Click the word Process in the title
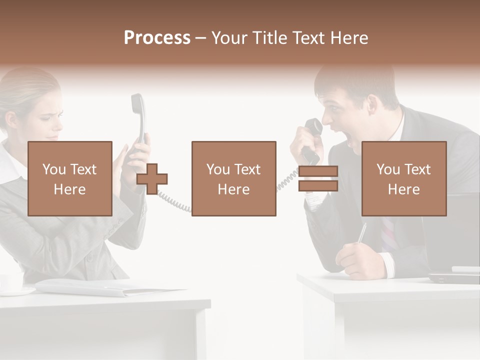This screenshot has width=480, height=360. (x=157, y=38)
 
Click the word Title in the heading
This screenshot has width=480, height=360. (x=268, y=38)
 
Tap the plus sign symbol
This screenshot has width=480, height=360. (x=152, y=178)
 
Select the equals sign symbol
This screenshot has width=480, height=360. (x=318, y=178)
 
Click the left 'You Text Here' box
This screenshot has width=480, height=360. (x=70, y=178)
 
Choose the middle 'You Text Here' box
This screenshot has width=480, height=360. (x=234, y=178)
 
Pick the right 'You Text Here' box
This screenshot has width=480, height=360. (x=404, y=178)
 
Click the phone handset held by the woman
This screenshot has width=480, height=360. (x=138, y=115)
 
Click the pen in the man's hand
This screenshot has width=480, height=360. (x=361, y=233)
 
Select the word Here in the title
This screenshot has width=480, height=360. (x=350, y=38)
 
